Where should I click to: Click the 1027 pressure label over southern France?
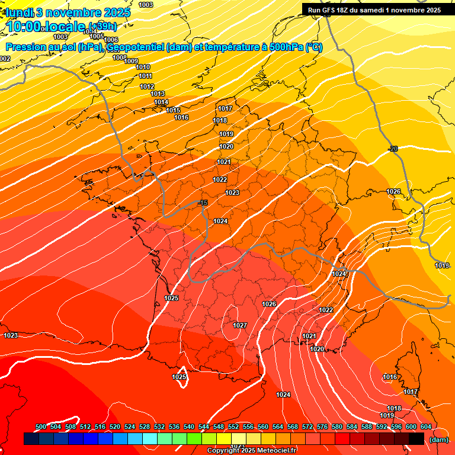[x=240, y=325]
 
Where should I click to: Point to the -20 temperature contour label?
[x=392, y=149]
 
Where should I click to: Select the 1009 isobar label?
[x=131, y=61]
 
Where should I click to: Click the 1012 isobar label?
[x=147, y=86]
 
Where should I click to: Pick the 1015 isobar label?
[x=173, y=110]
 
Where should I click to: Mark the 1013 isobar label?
[x=158, y=94]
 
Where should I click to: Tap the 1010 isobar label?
[x=143, y=67]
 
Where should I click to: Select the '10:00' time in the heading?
[x=24, y=27]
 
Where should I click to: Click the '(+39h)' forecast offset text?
[x=102, y=26]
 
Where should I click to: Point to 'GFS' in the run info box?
[x=329, y=9]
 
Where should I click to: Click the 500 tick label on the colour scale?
[x=41, y=427]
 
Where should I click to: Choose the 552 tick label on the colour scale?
[x=233, y=427]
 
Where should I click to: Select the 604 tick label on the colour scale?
[x=426, y=427]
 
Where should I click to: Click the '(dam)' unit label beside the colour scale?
[x=438, y=439]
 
